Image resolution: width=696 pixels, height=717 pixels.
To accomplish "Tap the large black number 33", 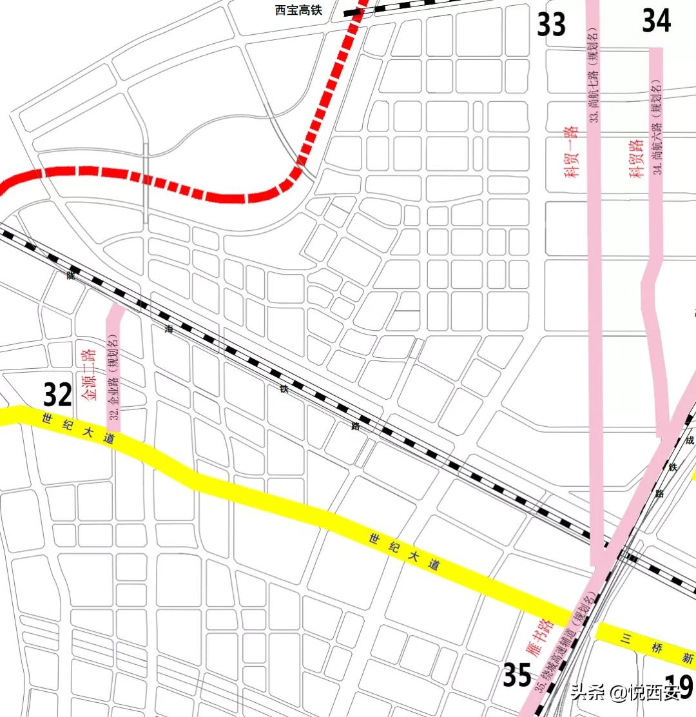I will click(x=551, y=25).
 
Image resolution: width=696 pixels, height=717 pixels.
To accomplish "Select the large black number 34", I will click(x=656, y=21).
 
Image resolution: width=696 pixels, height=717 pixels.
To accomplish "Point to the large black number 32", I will click(x=57, y=395).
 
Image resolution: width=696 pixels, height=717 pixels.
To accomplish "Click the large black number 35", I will click(x=517, y=676).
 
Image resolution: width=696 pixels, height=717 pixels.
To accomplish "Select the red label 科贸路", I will click(x=637, y=157).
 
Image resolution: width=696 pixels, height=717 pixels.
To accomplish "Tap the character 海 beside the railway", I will click(x=169, y=329).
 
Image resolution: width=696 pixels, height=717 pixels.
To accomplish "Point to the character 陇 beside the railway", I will click(x=70, y=275).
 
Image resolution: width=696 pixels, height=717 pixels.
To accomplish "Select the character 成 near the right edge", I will click(x=689, y=441).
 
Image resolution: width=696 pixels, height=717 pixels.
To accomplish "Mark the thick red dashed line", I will click(x=226, y=197).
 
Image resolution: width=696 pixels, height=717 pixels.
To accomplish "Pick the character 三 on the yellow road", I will click(x=624, y=638).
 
